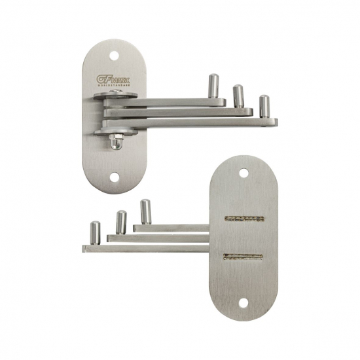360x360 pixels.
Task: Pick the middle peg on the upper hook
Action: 238,96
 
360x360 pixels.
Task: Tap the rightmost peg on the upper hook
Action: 264,106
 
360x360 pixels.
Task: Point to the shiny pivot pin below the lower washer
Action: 115,143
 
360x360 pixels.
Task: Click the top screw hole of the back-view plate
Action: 244,173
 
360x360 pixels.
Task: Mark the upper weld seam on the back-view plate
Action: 243,218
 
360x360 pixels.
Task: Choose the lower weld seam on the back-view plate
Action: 243,257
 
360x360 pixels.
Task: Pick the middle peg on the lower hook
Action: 121,222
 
